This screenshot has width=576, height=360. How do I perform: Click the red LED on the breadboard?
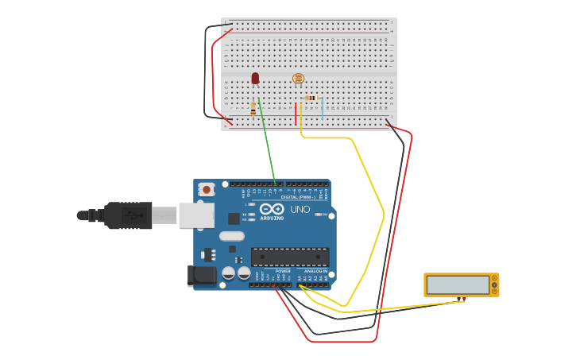(255, 78)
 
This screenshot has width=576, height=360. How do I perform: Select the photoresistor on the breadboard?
(298, 78)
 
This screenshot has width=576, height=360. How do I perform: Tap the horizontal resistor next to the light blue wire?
(310, 98)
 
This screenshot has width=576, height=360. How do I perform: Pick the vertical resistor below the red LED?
(253, 108)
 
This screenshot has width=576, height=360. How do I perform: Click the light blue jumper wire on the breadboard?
(323, 110)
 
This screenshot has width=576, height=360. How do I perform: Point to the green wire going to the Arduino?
(267, 143)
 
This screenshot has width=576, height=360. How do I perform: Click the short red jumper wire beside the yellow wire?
(296, 114)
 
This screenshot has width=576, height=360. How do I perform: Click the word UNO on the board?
(300, 209)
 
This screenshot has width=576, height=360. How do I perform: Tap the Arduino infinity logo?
(271, 208)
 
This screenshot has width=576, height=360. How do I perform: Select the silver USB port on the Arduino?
(196, 215)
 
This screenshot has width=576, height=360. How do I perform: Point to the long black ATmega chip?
(290, 257)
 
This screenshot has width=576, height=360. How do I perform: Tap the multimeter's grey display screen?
(458, 285)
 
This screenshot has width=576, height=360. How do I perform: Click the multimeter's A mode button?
(494, 278)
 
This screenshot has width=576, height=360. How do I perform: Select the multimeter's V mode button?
(494, 285)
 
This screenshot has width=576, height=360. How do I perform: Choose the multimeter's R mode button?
(494, 291)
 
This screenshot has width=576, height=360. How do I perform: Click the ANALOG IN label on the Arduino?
(315, 271)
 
